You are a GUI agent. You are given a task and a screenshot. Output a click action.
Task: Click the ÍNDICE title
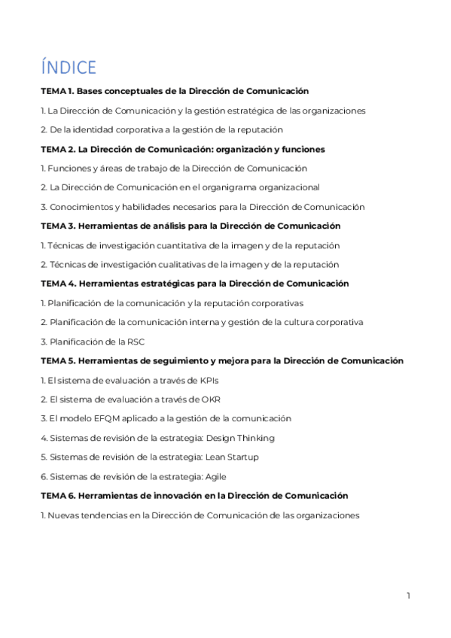(x=69, y=67)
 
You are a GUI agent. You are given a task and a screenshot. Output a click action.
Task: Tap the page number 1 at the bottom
(x=408, y=596)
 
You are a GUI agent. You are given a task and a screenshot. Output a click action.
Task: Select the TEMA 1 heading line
(x=175, y=91)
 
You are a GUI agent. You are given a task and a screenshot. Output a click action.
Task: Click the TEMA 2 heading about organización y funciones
(x=183, y=149)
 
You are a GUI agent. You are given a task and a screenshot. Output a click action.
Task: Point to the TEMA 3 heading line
(x=190, y=226)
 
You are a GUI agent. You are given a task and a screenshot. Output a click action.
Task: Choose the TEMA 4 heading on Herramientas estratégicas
(x=194, y=284)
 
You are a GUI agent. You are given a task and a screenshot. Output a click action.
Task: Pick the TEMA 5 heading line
(x=221, y=361)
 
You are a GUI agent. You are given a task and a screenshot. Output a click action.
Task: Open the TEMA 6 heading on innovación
(x=194, y=496)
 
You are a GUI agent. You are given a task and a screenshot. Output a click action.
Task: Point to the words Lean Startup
(x=236, y=457)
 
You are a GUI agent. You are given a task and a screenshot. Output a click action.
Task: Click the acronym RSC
(x=136, y=342)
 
